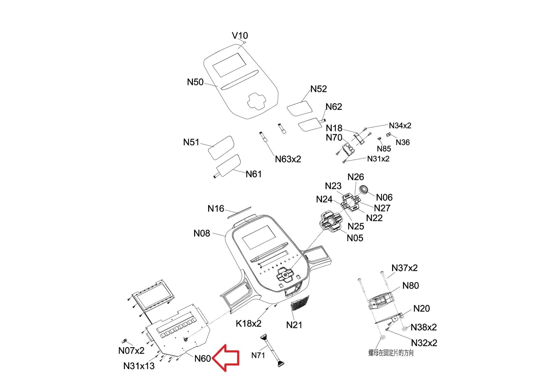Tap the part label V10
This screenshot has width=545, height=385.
[240, 36]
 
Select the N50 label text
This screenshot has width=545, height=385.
[195, 82]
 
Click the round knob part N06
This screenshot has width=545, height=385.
[364, 190]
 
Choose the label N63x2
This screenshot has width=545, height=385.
[288, 159]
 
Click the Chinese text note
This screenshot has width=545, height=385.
[391, 353]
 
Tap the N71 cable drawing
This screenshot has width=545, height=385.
[272, 351]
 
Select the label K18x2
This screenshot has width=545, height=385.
[249, 324]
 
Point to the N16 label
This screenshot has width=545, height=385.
[216, 209]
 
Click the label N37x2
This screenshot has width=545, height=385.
[404, 268]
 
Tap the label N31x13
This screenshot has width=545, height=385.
[139, 366]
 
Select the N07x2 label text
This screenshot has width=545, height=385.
[131, 351]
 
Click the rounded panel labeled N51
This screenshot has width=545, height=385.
[221, 147]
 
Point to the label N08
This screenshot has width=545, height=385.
[202, 233]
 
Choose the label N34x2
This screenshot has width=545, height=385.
[400, 125]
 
